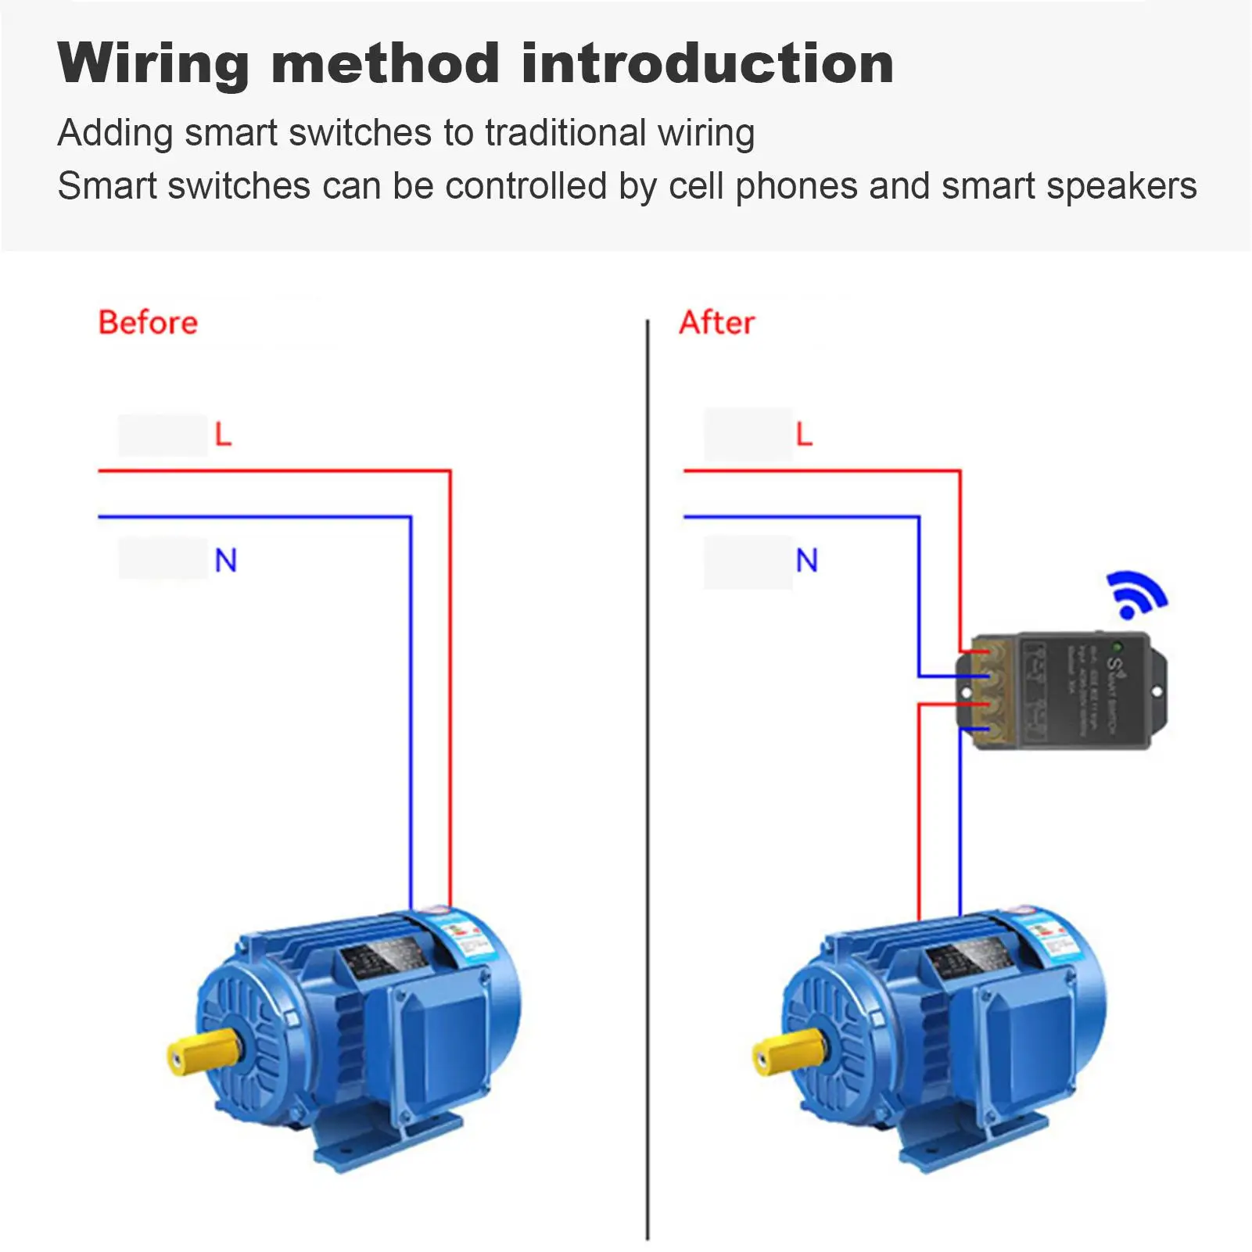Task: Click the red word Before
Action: point(148,323)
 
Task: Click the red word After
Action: point(716,323)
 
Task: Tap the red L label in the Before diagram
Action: point(224,434)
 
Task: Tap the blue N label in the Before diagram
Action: point(225,560)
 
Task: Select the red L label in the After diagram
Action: point(804,434)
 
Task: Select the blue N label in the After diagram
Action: point(806,560)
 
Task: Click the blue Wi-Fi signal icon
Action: point(1135,594)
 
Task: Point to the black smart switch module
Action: point(1079,691)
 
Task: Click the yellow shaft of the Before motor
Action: point(202,1050)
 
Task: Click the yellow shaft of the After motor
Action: point(787,1050)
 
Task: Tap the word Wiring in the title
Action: point(153,64)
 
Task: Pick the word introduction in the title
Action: point(707,64)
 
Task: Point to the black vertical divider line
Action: point(648,782)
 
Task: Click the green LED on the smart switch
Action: point(1117,648)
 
